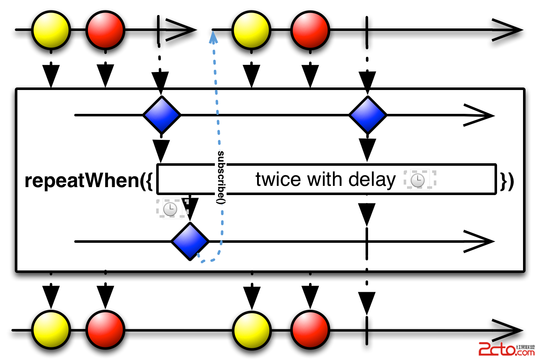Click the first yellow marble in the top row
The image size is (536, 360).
click(51, 30)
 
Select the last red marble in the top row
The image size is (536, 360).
click(310, 30)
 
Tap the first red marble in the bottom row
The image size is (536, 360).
click(106, 329)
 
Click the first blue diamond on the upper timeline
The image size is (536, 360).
click(162, 115)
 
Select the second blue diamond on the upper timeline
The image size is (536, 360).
click(368, 115)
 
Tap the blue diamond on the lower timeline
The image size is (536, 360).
click(190, 242)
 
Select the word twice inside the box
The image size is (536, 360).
click(278, 180)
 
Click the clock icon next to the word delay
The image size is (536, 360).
click(418, 180)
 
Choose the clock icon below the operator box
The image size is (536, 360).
click(170, 209)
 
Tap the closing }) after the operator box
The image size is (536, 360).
click(507, 181)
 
